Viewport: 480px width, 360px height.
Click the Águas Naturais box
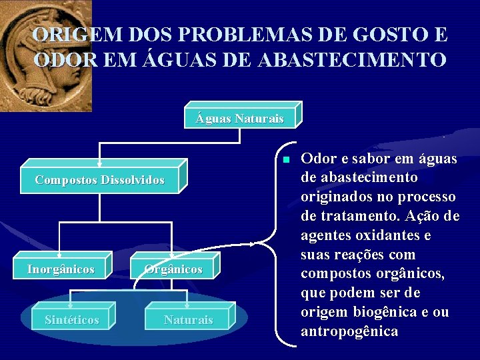(x=239, y=119)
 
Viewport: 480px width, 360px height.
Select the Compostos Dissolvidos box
(x=99, y=180)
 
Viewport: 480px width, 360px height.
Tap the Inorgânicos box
(x=61, y=269)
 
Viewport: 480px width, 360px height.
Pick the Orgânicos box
(x=175, y=269)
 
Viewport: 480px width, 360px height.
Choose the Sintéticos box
(x=71, y=320)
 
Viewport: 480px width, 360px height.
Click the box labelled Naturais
(x=188, y=320)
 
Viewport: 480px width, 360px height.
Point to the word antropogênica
(x=349, y=331)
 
